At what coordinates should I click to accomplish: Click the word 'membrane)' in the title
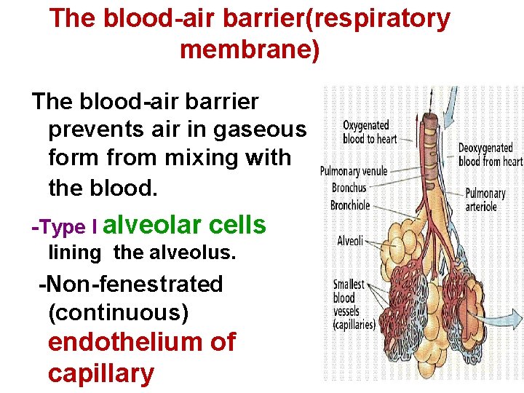coord(249,50)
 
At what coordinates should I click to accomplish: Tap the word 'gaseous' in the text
coord(260,130)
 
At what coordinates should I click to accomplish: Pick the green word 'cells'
coord(237,226)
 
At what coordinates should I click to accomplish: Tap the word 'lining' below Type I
coord(74,253)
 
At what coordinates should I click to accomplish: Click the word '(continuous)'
coord(118,312)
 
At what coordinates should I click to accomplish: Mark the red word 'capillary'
coord(101,373)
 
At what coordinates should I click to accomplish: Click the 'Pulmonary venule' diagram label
coord(354,172)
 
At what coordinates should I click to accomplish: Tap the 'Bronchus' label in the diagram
coord(349,188)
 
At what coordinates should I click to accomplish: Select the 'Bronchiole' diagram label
coord(350,205)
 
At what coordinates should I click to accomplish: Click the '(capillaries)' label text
coord(354,325)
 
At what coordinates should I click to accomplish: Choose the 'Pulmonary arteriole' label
coord(485,200)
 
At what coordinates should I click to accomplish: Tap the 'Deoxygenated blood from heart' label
coord(490,155)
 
